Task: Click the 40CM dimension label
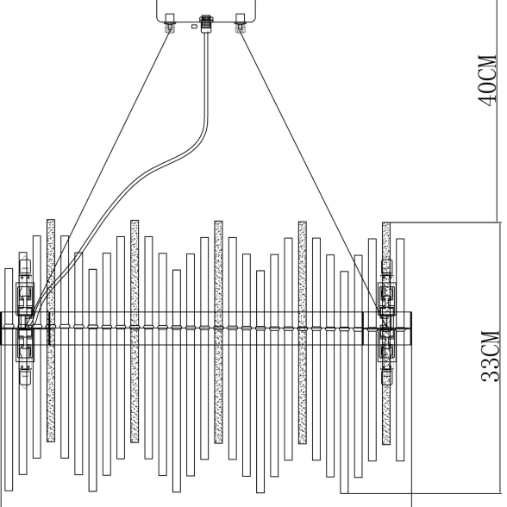(487, 81)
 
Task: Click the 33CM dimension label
(491, 357)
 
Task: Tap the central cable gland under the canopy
(205, 23)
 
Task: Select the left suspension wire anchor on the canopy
(170, 22)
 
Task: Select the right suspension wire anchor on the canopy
(240, 23)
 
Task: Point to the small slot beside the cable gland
(194, 27)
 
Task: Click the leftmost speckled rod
(51, 330)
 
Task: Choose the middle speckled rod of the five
(218, 332)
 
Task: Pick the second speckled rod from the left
(135, 331)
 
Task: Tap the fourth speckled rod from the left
(303, 333)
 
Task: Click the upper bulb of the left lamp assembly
(25, 266)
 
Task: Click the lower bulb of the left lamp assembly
(24, 377)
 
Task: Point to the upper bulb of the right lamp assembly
(386, 266)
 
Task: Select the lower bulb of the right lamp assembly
(386, 377)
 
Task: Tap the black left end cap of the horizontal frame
(2, 329)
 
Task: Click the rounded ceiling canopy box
(206, 11)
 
